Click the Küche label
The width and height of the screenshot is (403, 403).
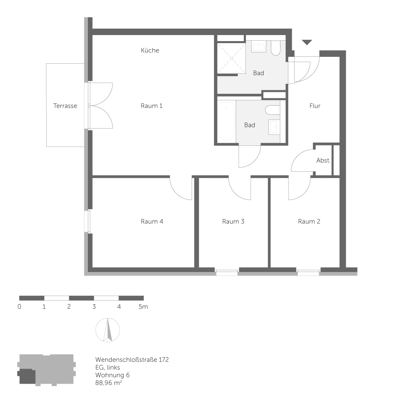(x=150, y=50)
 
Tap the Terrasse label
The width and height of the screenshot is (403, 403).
(x=65, y=106)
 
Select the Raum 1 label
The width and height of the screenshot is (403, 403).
(x=152, y=106)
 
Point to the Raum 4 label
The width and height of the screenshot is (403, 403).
(x=152, y=221)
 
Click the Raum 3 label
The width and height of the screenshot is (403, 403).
(x=233, y=221)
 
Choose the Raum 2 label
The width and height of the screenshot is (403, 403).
(x=309, y=221)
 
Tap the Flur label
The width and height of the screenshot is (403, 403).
(x=315, y=106)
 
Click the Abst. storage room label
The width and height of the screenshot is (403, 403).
(x=323, y=160)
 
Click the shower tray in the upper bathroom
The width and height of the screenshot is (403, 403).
(x=231, y=58)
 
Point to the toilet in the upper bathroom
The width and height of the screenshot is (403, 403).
(x=276, y=48)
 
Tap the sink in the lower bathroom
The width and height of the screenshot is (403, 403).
(x=274, y=127)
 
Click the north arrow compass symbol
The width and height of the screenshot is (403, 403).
(x=108, y=330)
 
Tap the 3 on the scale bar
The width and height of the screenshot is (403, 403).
(x=94, y=307)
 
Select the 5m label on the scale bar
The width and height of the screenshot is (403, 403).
(x=143, y=307)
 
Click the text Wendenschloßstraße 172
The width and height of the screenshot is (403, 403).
(x=132, y=359)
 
